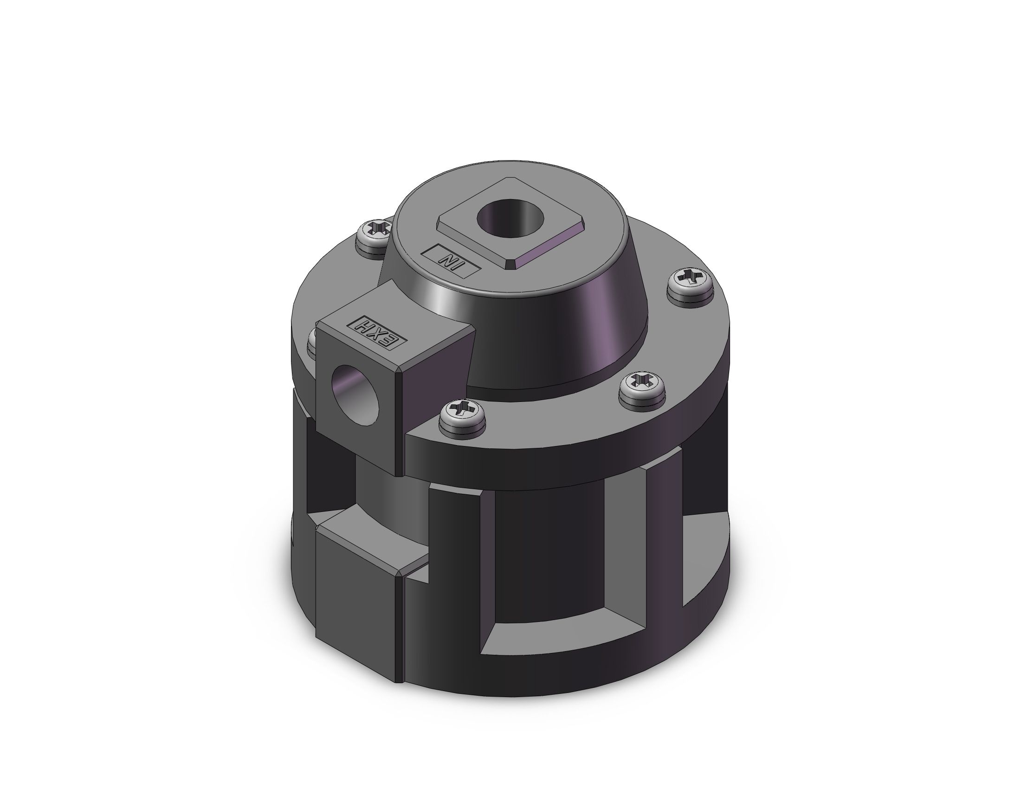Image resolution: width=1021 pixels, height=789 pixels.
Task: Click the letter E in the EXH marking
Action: [392, 340]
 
